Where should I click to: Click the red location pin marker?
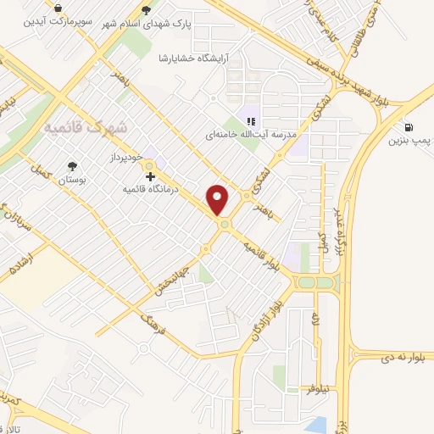(x=219, y=199)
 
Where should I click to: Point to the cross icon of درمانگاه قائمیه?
(x=151, y=177)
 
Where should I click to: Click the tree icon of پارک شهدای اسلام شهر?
(x=147, y=10)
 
